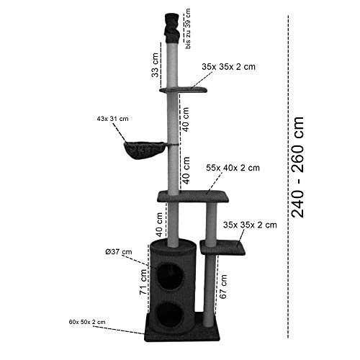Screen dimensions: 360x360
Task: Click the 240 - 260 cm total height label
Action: point(297,167)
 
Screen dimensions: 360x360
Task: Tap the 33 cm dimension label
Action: point(156,66)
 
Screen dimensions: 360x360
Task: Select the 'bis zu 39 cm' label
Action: point(188,29)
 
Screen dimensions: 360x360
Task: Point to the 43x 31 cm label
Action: point(112,119)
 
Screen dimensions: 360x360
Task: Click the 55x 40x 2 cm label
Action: point(233,168)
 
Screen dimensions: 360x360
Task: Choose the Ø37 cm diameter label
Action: point(119,252)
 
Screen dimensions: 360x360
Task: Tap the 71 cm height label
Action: point(143,282)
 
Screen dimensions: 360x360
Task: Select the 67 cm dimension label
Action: point(223,287)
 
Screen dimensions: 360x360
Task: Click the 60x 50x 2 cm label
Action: point(87,322)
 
